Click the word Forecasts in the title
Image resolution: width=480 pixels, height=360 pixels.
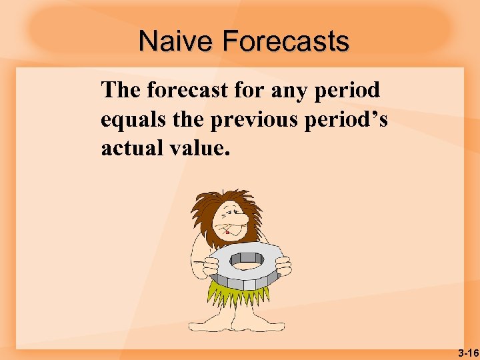click(285, 42)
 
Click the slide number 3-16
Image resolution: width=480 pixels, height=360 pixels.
click(467, 351)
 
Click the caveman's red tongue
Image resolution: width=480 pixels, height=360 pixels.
click(229, 233)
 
